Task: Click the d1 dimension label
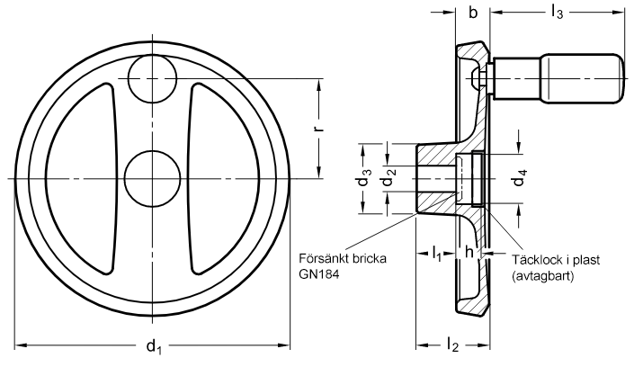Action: pos(154,347)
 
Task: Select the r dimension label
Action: pos(319,129)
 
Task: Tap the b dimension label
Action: pos(473,13)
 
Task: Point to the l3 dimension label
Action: pos(557,13)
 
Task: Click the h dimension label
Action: pos(469,252)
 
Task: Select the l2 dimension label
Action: pos(453,345)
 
